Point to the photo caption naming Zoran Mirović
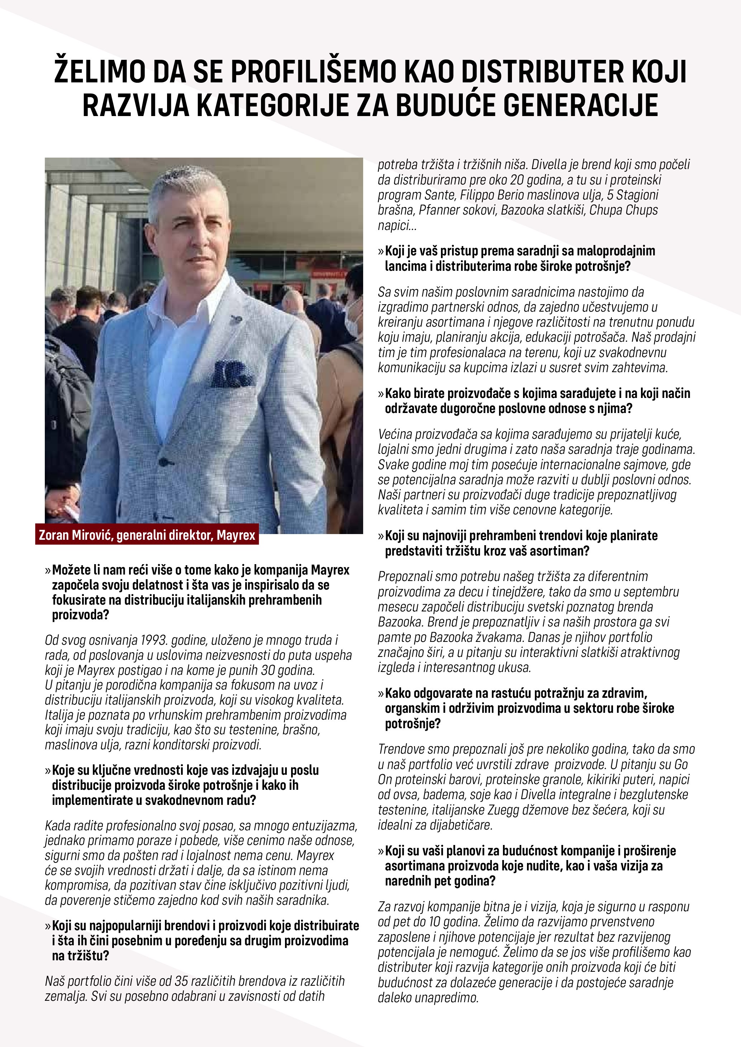coord(147,535)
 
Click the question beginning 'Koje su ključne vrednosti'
coord(185,785)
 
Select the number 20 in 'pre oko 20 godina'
coord(517,180)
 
